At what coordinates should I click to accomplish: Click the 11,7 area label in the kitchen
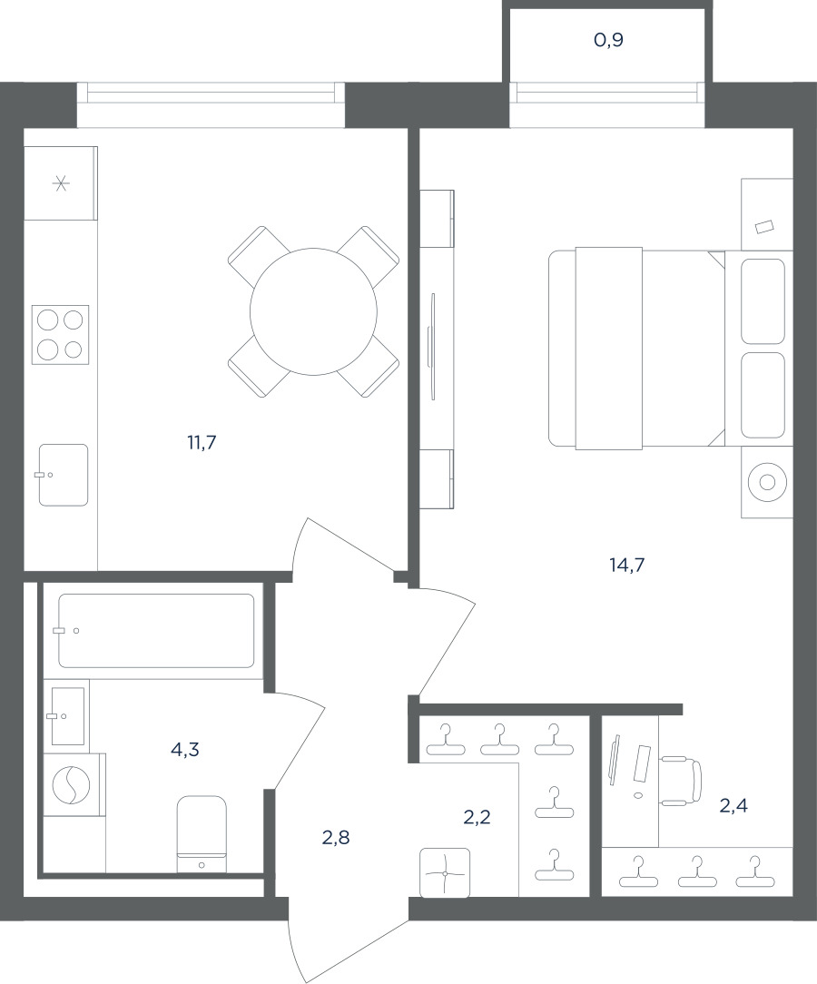[202, 443]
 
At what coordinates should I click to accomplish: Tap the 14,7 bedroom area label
[627, 566]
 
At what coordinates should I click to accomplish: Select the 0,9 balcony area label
[608, 40]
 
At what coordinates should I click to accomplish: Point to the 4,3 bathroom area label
[184, 749]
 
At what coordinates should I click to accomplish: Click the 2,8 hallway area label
[335, 837]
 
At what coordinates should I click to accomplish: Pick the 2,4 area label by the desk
[733, 805]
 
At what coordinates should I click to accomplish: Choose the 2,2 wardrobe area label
[477, 817]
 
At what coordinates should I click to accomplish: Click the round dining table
[313, 311]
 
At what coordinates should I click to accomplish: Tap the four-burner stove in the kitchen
[60, 333]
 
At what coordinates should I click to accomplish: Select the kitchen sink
[63, 475]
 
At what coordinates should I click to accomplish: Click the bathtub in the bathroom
[156, 631]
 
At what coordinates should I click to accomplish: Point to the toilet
[202, 834]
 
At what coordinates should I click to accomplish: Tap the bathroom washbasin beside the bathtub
[67, 715]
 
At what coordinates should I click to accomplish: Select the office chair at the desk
[680, 780]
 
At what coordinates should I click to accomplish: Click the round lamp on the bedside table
[767, 482]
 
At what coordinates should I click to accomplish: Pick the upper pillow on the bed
[763, 301]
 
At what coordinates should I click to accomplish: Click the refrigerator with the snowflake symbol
[61, 183]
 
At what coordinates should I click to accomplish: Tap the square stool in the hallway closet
[445, 873]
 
